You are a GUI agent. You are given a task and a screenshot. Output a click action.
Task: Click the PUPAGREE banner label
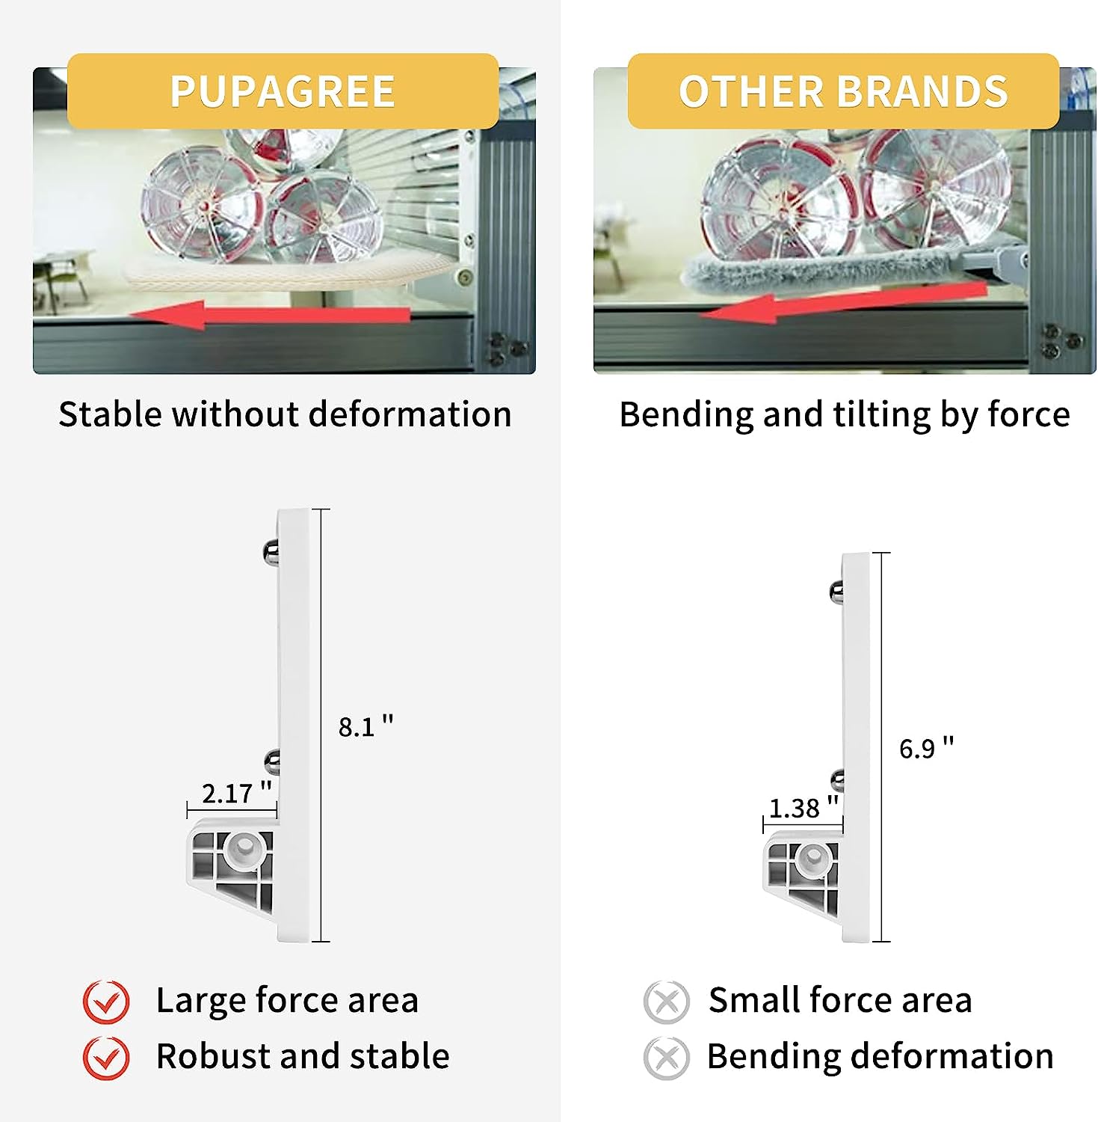(x=283, y=91)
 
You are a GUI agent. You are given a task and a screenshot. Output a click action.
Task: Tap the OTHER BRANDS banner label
(x=843, y=91)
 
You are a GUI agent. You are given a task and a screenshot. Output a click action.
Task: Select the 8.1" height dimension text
(x=366, y=726)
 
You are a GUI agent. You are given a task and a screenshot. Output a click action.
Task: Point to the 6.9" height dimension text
(x=926, y=747)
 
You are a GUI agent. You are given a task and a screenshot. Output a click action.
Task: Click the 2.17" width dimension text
(x=236, y=792)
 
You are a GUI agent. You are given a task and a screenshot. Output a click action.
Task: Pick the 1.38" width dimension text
(x=804, y=807)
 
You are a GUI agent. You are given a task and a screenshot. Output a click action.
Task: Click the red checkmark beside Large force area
(x=106, y=1002)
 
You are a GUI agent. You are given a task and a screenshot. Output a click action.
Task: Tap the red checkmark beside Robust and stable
(x=106, y=1058)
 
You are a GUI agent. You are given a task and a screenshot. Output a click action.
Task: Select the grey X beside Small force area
(x=666, y=1002)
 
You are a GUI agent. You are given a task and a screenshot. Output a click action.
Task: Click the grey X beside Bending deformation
(x=666, y=1058)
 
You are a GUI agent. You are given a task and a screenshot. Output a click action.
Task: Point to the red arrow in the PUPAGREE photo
(x=270, y=314)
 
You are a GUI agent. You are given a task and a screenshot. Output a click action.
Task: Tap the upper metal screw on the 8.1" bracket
(x=271, y=552)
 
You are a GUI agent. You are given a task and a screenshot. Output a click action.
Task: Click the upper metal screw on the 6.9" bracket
(x=836, y=592)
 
